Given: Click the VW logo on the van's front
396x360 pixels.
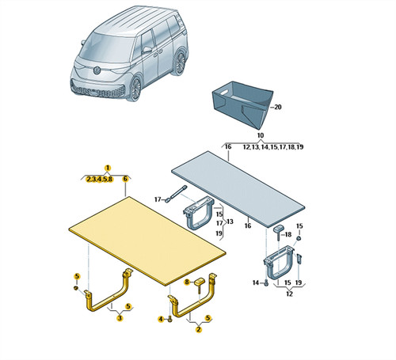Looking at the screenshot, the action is click(97, 70).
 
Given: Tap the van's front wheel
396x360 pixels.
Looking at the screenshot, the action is click(136, 88).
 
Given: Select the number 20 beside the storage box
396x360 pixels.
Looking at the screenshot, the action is click(278, 107).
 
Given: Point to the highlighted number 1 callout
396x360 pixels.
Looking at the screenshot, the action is click(108, 168).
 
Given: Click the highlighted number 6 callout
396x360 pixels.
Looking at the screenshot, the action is click(125, 179).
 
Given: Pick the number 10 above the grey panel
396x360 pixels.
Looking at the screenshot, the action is click(261, 135).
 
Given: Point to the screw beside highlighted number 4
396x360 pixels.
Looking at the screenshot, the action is click(170, 320).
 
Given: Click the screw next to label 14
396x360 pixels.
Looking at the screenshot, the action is click(266, 283).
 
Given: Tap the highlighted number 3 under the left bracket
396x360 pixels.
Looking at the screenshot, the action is click(120, 318).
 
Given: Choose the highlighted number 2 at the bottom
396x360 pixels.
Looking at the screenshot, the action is click(199, 329).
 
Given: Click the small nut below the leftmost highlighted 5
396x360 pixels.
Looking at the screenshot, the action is click(75, 288).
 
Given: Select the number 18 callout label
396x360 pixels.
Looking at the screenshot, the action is click(288, 234).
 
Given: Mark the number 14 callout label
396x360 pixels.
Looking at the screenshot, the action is click(256, 282).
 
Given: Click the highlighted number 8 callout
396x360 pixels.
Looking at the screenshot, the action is click(187, 282).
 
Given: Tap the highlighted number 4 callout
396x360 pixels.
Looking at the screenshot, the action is click(161, 320).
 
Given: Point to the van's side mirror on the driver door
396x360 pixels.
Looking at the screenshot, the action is click(147, 49).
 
